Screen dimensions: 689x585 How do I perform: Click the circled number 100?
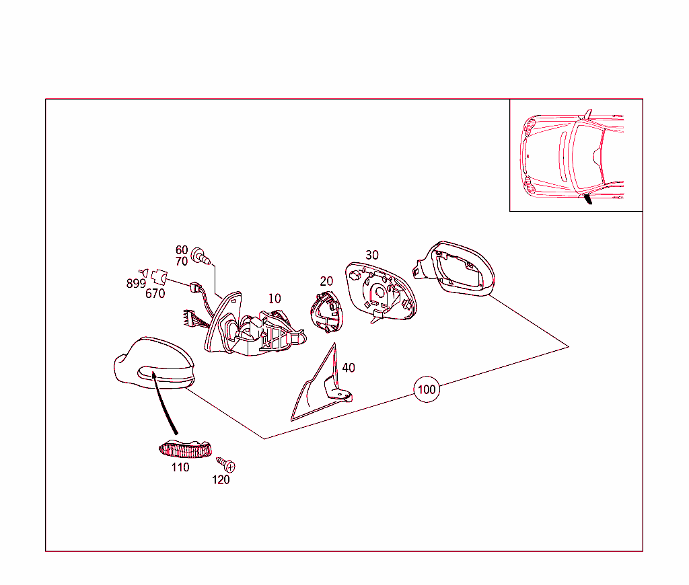pos(426,389)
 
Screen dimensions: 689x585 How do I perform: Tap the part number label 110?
pos(180,467)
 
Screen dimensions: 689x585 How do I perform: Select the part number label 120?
pos(221,479)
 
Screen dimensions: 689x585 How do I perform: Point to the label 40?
pos(349,368)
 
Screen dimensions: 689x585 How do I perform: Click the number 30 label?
pos(371,255)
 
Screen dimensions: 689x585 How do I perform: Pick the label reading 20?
pos(326,281)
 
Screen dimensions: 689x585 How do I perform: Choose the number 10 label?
pos(275,299)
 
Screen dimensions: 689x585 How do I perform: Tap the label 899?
pos(136,284)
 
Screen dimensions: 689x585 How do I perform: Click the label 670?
pos(155,293)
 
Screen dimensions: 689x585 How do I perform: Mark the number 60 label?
pos(182,250)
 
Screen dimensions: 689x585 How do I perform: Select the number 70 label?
pos(182,262)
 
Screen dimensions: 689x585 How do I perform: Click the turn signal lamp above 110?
pos(185,449)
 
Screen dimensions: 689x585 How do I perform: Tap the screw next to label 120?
pos(226,464)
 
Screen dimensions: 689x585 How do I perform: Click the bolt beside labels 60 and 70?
pos(201,256)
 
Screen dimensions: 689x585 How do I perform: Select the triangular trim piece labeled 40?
pos(321,387)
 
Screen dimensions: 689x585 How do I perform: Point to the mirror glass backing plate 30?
pos(381,292)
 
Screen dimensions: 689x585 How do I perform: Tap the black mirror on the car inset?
pos(588,199)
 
